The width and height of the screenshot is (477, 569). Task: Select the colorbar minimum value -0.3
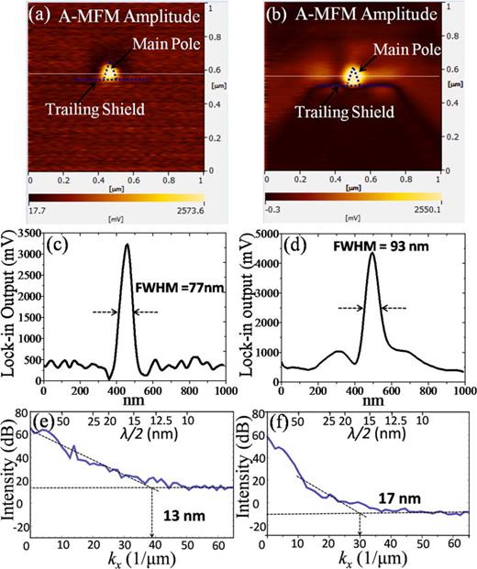(272, 210)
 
